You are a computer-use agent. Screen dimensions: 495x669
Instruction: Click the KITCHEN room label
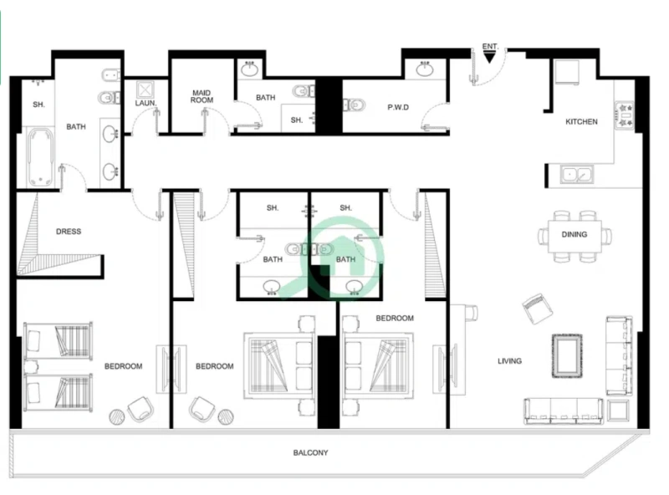click(x=581, y=122)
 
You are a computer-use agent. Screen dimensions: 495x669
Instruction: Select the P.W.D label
click(x=397, y=107)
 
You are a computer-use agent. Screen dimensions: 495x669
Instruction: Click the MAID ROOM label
click(x=202, y=95)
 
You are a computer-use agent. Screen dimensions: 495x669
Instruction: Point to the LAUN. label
click(x=146, y=104)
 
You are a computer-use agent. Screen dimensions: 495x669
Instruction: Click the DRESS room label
click(x=69, y=232)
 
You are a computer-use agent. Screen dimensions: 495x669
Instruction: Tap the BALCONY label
click(x=310, y=453)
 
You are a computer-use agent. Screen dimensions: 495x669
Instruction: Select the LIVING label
click(x=509, y=361)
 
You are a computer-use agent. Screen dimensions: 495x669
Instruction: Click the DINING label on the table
click(x=574, y=235)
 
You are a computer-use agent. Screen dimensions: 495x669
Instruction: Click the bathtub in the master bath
click(x=38, y=156)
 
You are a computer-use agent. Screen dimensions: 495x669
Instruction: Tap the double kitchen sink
click(x=577, y=175)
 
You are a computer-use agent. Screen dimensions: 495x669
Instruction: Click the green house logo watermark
click(x=332, y=255)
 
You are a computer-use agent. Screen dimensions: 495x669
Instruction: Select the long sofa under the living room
click(x=563, y=410)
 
